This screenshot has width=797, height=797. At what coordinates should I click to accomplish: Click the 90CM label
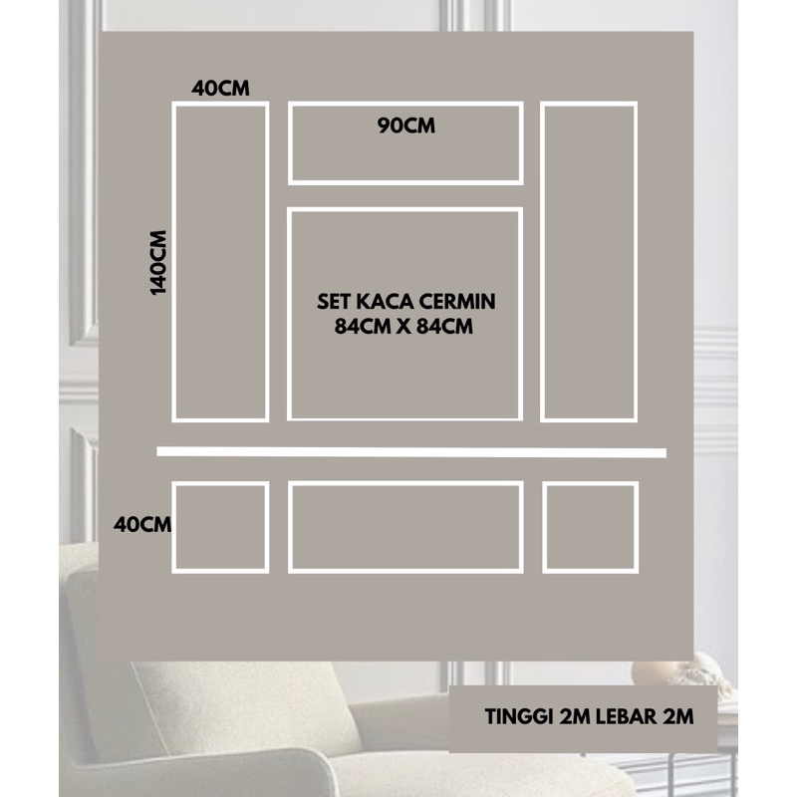point(406,126)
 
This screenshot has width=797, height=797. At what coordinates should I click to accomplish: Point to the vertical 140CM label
point(158,262)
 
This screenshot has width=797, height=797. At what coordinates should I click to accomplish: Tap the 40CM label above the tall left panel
point(220,89)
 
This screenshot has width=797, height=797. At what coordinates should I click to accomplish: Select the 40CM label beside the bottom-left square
point(142,524)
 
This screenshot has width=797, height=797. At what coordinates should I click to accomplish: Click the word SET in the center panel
point(334,302)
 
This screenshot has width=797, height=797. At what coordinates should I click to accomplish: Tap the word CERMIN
point(457,302)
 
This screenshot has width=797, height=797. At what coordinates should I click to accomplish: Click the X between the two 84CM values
point(403,327)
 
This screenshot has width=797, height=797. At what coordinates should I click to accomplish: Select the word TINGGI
point(519,716)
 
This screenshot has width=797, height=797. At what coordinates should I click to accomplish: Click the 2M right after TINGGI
point(575,716)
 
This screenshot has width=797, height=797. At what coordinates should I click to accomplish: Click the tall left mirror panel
point(174,262)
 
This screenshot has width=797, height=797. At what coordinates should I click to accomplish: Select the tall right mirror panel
point(543,262)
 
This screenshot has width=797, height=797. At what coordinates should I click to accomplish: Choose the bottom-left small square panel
point(174,527)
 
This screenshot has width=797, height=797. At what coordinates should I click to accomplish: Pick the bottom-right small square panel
point(545,527)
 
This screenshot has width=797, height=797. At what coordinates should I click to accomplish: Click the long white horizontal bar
point(411,452)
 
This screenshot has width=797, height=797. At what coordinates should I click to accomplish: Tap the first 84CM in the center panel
point(363,327)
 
